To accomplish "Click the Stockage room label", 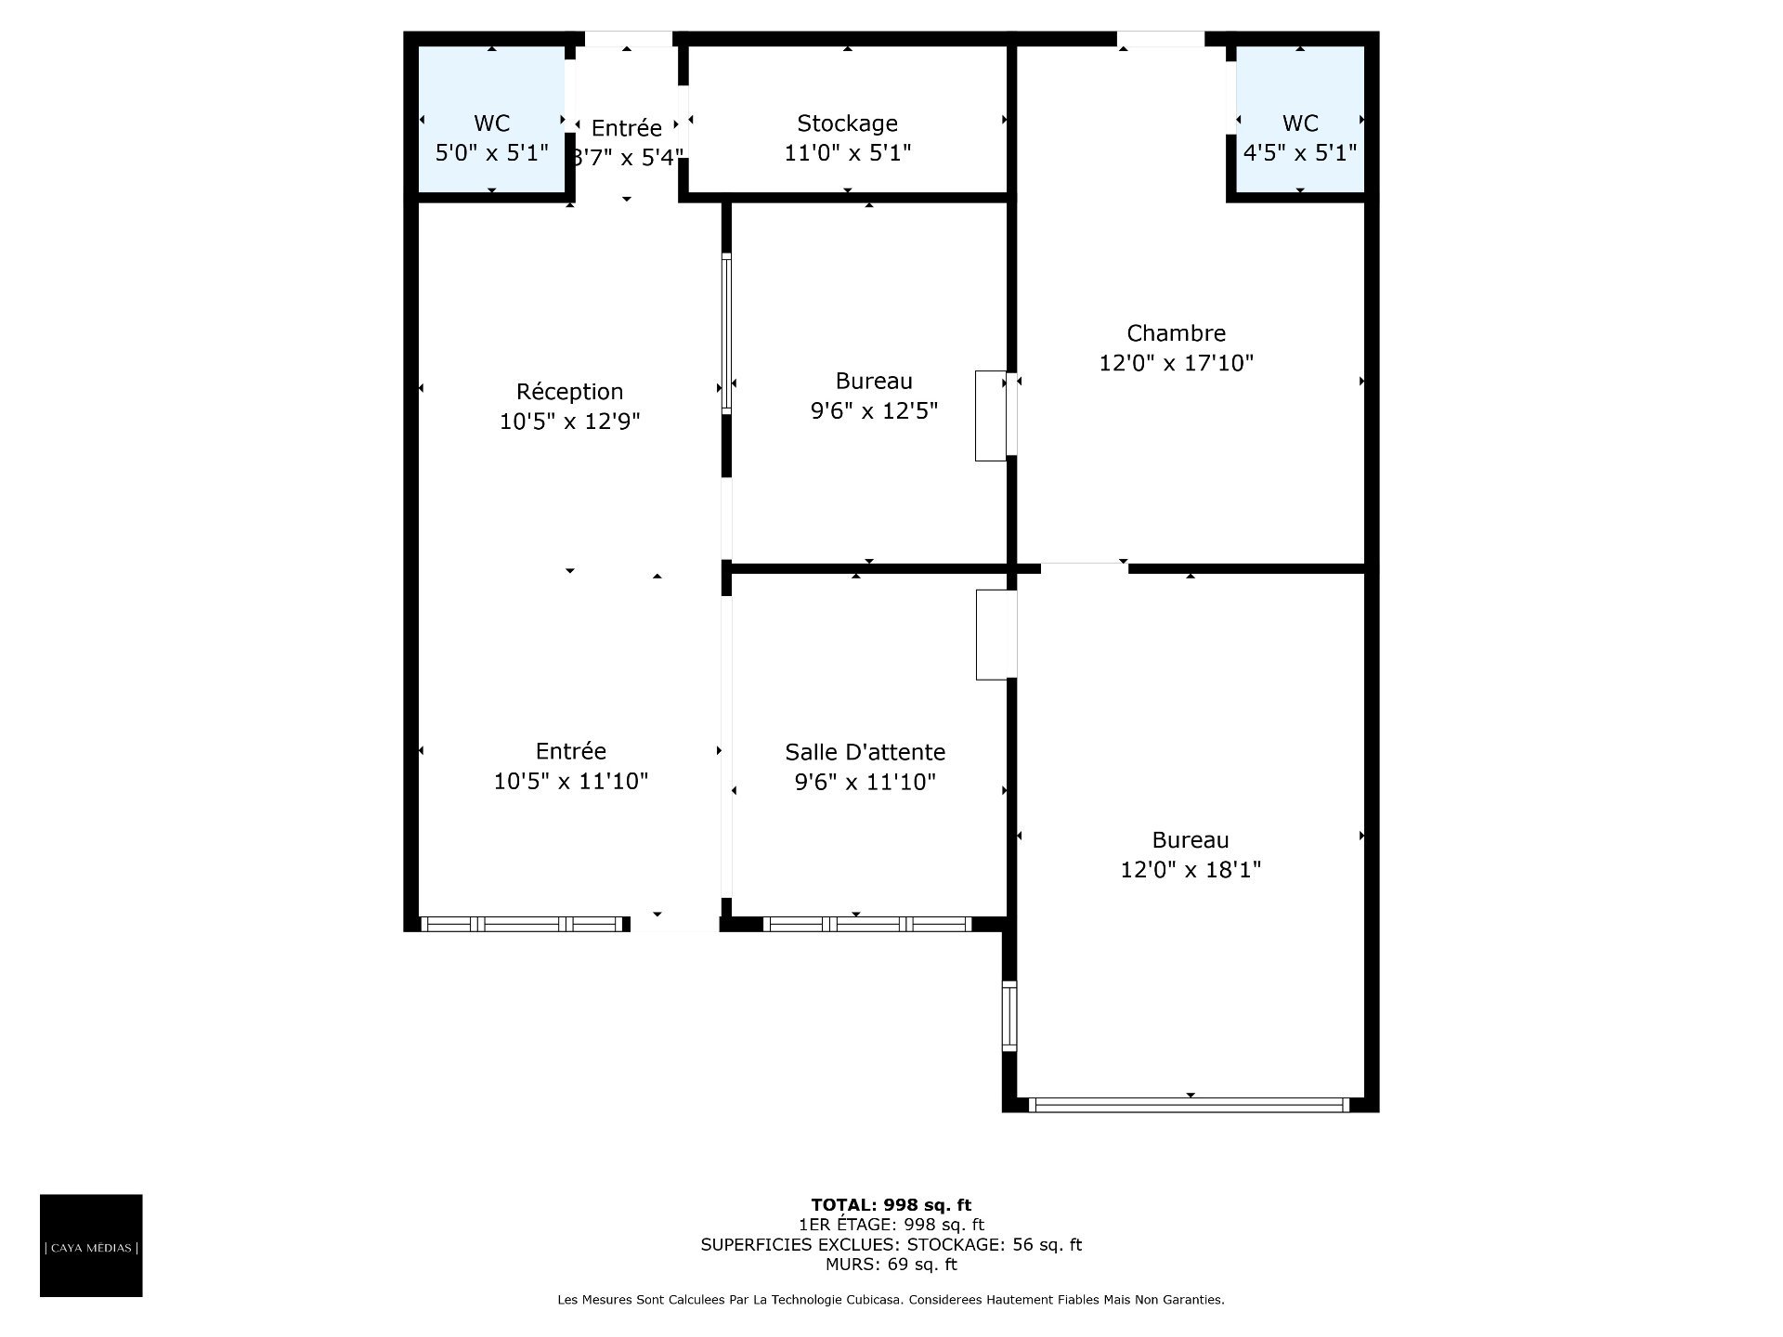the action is [847, 123].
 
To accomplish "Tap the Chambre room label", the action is [1176, 333].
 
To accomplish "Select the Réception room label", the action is [569, 392].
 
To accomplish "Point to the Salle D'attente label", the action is [865, 752].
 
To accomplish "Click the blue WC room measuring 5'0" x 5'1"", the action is [491, 120].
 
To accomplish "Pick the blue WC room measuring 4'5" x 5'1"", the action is [1300, 120].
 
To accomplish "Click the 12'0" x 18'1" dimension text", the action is [1191, 870].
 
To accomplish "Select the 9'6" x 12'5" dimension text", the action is [874, 410].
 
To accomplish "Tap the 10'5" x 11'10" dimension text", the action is [570, 781].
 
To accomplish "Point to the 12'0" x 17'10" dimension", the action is [1176, 363].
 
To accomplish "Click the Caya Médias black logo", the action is [91, 1245].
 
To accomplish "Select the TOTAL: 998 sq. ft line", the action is [891, 1205].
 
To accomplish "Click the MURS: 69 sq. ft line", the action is [891, 1264].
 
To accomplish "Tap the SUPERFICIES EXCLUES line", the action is [891, 1244].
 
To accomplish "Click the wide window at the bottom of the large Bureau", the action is [1189, 1105].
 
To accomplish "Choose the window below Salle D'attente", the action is [866, 924].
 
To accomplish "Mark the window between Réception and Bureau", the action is [726, 333].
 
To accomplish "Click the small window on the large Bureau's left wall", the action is [1009, 1016].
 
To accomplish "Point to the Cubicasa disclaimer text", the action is [891, 1300].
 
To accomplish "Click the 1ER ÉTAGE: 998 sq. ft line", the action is [891, 1225].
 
